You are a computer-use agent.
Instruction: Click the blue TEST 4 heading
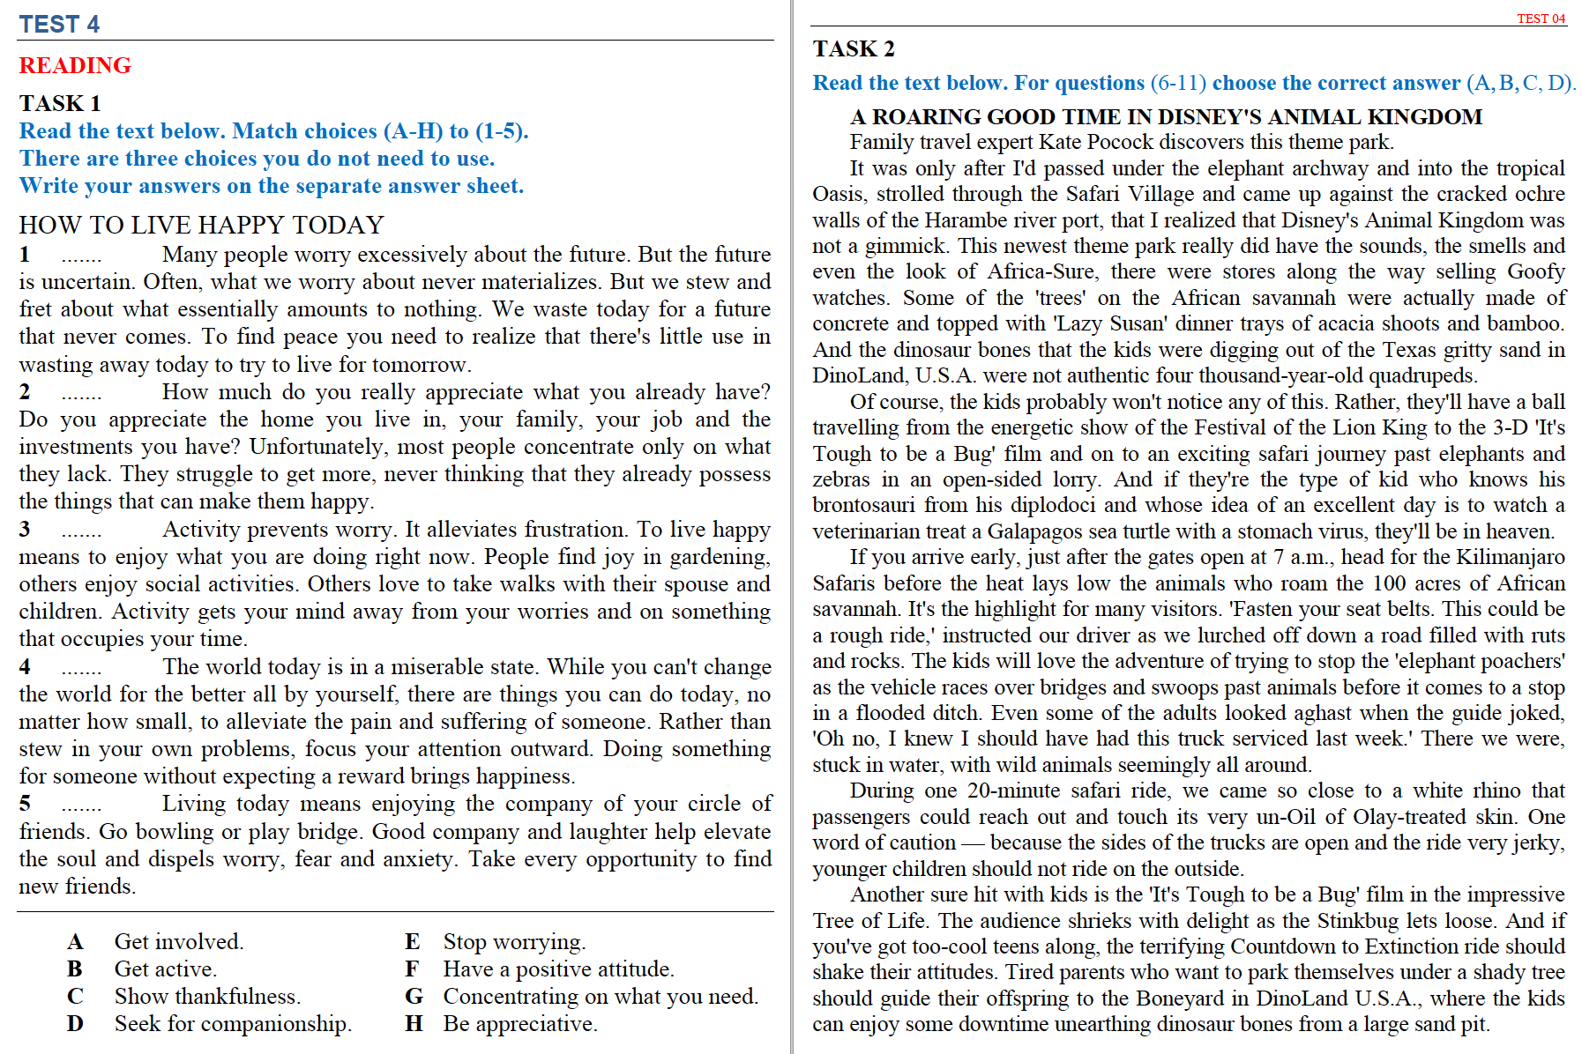pos(59,24)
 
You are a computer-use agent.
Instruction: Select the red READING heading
pos(75,65)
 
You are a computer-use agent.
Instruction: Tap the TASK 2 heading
pos(853,48)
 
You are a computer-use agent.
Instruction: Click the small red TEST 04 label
pos(1541,19)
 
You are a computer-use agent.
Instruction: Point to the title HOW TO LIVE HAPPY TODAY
pos(201,225)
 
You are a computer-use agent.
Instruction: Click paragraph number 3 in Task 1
pos(25,529)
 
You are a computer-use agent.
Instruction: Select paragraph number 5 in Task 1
pos(25,803)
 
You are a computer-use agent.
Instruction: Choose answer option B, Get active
pos(165,969)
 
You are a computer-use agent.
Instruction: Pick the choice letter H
pos(413,1023)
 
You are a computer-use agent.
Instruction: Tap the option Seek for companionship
pos(233,1023)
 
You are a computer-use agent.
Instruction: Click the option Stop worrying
pos(514,941)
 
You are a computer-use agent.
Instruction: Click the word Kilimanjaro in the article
pos(1510,557)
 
